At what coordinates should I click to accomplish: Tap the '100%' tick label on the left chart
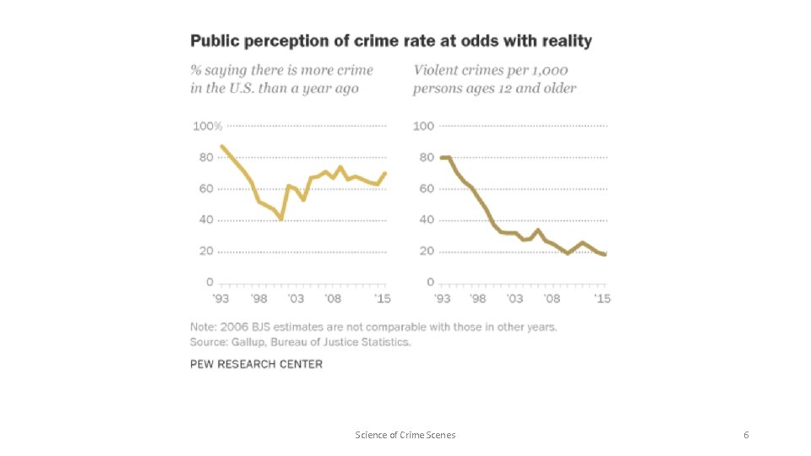(x=208, y=127)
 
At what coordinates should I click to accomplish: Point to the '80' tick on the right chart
(x=424, y=158)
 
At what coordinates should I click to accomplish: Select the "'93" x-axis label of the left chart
(x=220, y=299)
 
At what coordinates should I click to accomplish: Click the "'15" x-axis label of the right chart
(x=602, y=299)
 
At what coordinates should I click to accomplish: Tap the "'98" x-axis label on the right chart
(x=478, y=299)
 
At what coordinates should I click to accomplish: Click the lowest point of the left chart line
(x=280, y=219)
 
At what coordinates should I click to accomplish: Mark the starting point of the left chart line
(x=221, y=146)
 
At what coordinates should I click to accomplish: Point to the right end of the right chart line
(x=606, y=254)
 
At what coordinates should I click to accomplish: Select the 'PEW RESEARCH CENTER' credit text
(x=256, y=364)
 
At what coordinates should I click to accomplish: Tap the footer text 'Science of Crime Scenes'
(x=405, y=435)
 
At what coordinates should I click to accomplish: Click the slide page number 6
(x=745, y=435)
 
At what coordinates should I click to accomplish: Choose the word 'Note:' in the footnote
(x=204, y=327)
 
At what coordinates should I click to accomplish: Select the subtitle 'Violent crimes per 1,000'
(x=490, y=70)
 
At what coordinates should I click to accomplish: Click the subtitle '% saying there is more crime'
(x=281, y=70)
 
